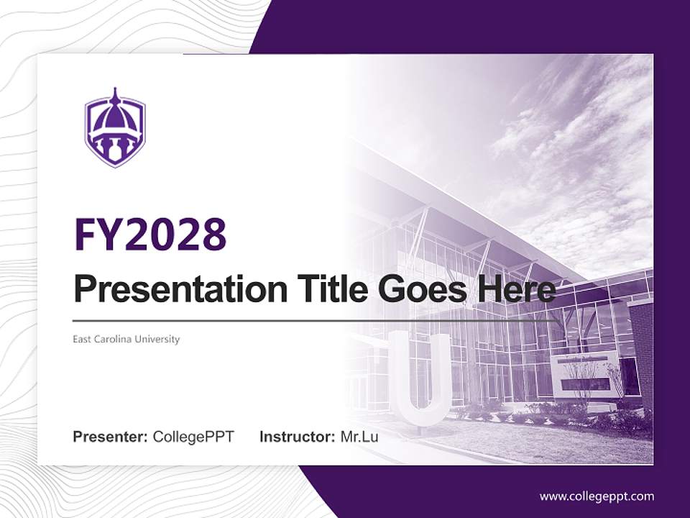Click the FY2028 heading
[151, 234]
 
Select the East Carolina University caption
[126, 339]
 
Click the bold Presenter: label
[111, 437]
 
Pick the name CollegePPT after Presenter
[193, 437]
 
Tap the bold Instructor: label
[297, 437]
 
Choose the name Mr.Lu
[359, 437]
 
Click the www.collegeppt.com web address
[597, 496]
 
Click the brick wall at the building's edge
[641, 345]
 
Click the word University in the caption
[160, 339]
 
